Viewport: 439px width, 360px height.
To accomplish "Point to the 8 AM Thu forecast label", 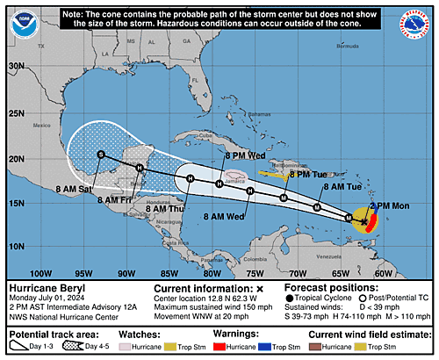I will coord(163,209).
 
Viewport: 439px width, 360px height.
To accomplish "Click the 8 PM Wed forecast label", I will coord(244,155).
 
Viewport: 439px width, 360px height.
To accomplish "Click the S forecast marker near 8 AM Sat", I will coord(101,155).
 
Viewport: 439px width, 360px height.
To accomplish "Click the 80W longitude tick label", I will coord(211,272).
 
